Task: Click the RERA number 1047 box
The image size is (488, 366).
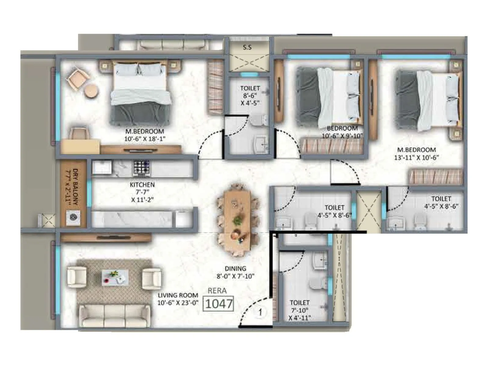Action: (218, 303)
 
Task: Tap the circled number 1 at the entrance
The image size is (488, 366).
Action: (260, 312)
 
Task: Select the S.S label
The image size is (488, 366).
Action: (247, 48)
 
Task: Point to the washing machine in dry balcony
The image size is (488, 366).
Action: (73, 217)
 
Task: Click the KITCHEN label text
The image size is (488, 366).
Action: (142, 185)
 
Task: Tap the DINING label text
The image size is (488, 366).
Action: (235, 269)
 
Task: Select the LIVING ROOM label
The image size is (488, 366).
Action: (178, 295)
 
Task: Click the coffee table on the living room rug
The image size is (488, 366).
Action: (115, 277)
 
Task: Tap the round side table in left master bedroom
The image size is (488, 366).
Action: (91, 91)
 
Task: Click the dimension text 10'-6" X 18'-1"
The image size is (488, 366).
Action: (145, 139)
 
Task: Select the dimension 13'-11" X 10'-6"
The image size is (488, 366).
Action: (416, 157)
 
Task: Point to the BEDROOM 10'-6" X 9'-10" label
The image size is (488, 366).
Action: (342, 132)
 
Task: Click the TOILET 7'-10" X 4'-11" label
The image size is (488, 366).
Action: (300, 310)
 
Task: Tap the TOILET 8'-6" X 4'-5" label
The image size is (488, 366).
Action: (250, 95)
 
